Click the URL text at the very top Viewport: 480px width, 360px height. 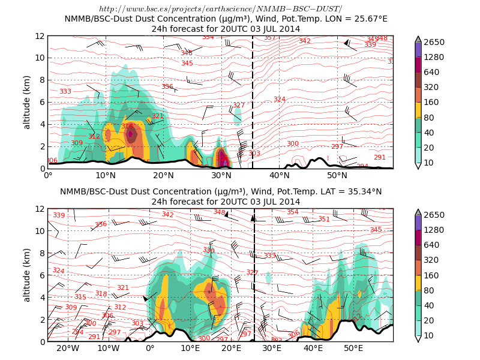pos(220,9)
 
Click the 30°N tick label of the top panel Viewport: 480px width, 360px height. pos(221,175)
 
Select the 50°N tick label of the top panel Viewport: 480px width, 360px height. pos(337,175)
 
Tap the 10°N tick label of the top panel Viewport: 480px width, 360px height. pos(106,175)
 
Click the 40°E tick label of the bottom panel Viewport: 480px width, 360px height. pos(313,348)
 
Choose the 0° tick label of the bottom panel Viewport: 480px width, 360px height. pos(149,348)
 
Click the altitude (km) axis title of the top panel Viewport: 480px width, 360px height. pos(26,102)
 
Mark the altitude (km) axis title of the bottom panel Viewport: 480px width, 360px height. pos(26,275)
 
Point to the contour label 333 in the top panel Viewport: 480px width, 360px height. pos(65,91)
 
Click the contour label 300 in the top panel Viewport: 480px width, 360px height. pos(292,143)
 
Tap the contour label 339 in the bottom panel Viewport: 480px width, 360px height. pos(59,215)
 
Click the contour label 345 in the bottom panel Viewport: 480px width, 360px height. pos(376,229)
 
